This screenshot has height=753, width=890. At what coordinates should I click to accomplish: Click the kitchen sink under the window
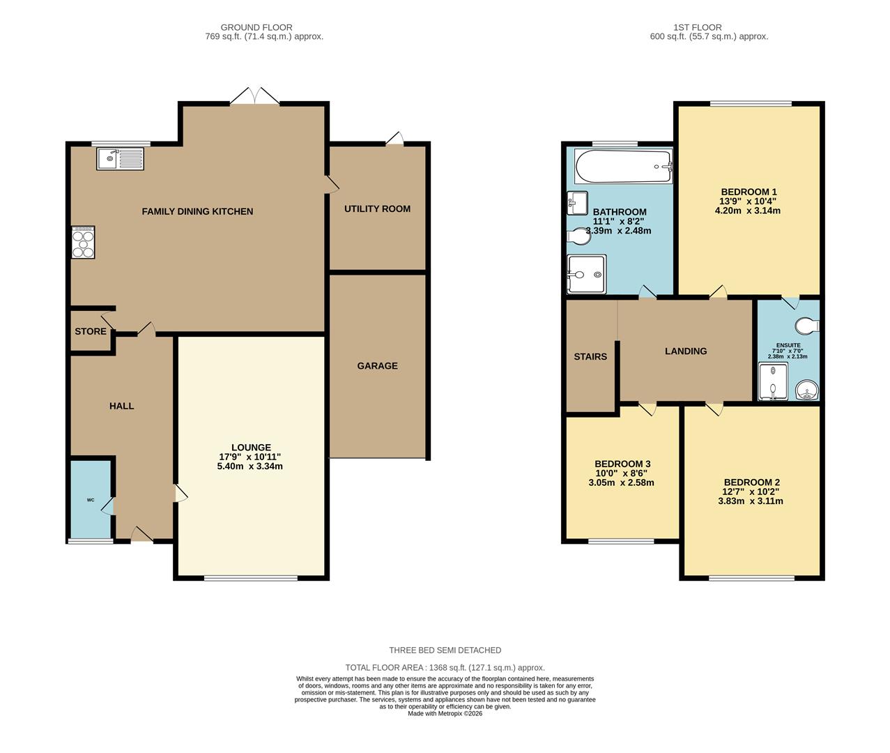coord(120,159)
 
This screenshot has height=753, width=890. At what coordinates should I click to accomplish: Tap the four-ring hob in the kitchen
coord(82,242)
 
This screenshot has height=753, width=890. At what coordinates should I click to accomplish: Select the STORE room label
coord(91,331)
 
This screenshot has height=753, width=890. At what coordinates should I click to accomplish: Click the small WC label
coord(91,500)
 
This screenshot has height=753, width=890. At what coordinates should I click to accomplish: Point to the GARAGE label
coord(377,365)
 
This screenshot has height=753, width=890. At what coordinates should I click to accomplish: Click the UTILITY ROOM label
coord(377,208)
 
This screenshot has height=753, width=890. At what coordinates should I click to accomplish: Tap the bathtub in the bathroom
coord(623,167)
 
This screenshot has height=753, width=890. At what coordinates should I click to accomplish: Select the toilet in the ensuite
coord(808,326)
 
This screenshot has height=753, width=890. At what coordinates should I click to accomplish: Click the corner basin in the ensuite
coord(807,390)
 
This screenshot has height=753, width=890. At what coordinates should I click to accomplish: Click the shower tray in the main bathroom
coord(586,275)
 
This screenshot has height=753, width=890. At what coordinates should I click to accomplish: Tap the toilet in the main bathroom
coord(579,237)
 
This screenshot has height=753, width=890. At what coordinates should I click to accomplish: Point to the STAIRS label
coord(590,356)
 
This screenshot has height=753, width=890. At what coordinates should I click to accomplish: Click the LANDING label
coord(686,351)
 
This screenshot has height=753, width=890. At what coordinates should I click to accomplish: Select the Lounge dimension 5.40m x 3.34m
coord(250,466)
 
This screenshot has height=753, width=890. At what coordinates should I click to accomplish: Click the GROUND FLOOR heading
coord(256,27)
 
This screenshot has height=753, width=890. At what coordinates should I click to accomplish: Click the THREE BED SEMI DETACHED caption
coord(445,650)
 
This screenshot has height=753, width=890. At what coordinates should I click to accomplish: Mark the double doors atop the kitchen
coord(254,97)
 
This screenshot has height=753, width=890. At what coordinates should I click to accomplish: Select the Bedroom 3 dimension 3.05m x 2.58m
coord(621,482)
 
